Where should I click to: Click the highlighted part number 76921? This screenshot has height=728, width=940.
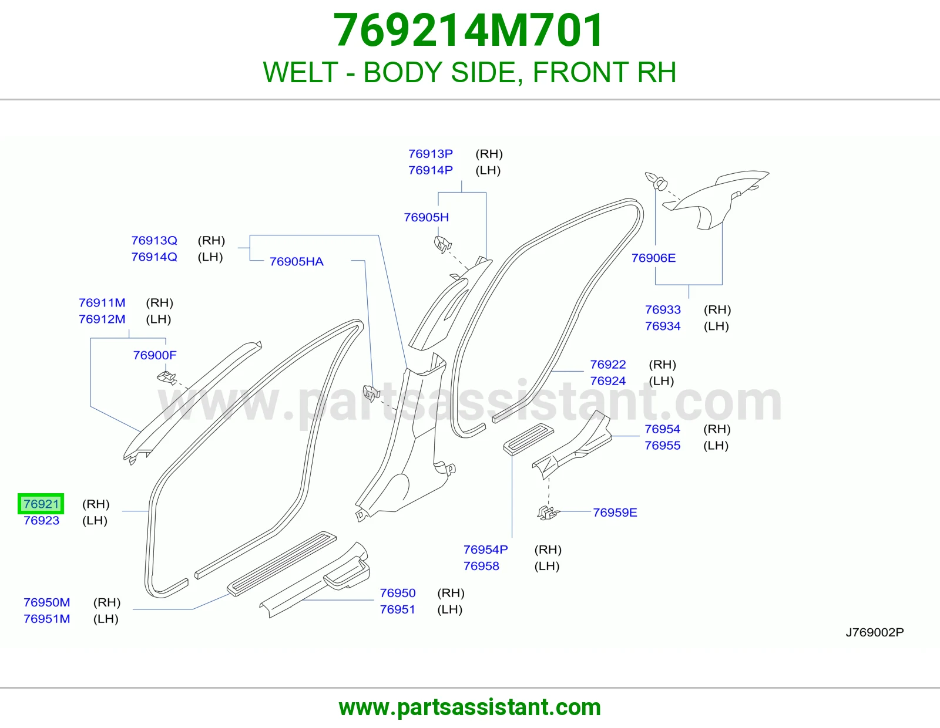[x=41, y=504]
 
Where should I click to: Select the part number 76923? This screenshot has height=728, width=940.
[x=41, y=520]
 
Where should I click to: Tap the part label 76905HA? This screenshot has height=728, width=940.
[x=296, y=261]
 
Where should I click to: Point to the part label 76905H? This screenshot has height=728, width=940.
[x=426, y=217]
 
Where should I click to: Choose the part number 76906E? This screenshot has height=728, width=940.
[x=653, y=258]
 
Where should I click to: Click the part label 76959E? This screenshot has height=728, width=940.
[x=615, y=513]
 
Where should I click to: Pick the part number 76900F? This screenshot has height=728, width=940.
[x=155, y=355]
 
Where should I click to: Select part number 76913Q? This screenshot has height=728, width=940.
[x=154, y=240]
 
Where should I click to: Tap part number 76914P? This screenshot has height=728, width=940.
[x=431, y=170]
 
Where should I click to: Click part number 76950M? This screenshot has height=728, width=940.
[x=47, y=602]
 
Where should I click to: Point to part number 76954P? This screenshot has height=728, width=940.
[x=485, y=550]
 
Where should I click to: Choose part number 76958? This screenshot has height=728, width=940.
[x=481, y=566]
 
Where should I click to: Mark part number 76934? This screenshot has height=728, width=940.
[x=663, y=326]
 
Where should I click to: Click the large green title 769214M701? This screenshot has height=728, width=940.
[x=468, y=31]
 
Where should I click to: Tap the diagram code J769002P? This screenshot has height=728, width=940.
[x=875, y=632]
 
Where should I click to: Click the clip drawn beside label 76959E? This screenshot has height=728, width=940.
[x=548, y=513]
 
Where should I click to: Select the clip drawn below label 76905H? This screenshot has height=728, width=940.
[x=442, y=244]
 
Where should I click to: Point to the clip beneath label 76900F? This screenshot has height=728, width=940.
[x=166, y=378]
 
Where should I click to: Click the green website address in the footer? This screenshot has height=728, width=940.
[x=470, y=707]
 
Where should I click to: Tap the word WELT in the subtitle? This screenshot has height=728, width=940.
[x=300, y=72]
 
